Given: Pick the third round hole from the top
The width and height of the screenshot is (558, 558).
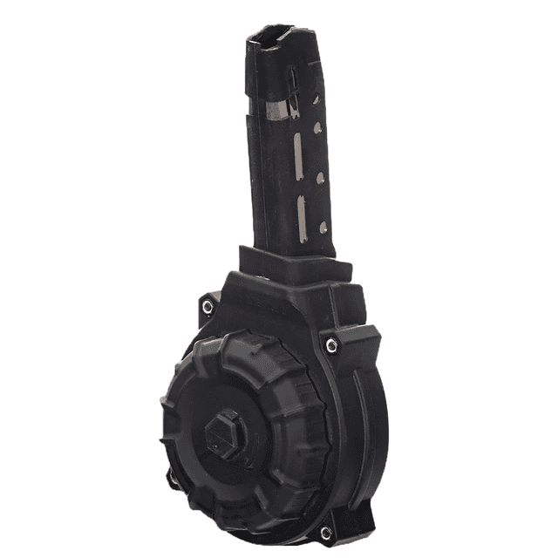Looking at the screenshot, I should click(321, 178).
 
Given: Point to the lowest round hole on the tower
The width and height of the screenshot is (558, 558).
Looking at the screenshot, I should click(324, 227).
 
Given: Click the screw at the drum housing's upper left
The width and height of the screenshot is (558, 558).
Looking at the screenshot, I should click(208, 306).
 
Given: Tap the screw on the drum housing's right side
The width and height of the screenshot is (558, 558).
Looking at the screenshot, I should click(330, 345).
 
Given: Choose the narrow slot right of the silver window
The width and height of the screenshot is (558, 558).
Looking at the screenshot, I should click(295, 105).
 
